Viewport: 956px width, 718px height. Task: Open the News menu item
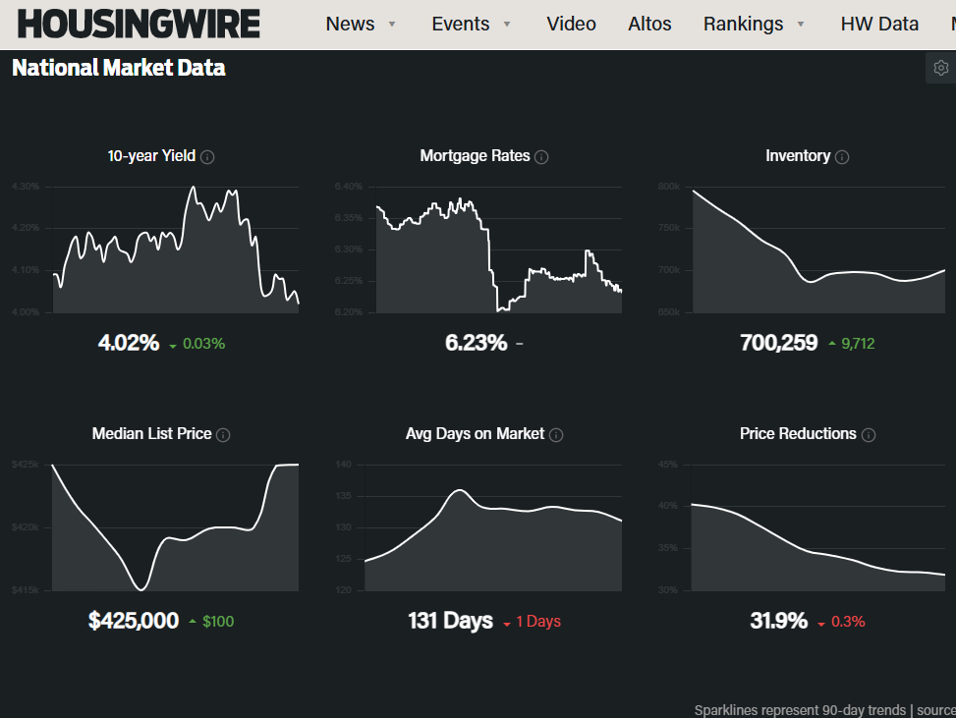(x=351, y=24)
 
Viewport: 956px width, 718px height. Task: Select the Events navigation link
(x=461, y=24)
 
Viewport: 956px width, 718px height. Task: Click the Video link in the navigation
(x=571, y=24)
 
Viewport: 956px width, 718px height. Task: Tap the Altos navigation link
(x=649, y=24)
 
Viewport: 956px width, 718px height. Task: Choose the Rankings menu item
(x=744, y=24)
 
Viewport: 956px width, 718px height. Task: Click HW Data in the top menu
(x=879, y=24)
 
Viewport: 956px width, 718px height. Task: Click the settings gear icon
(x=941, y=68)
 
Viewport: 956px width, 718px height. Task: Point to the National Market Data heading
(x=119, y=68)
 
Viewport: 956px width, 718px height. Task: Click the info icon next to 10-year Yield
(x=208, y=156)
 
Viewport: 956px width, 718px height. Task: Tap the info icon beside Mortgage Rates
(x=541, y=156)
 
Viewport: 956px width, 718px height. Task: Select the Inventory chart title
(x=798, y=155)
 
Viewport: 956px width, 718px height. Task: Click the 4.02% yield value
(x=129, y=343)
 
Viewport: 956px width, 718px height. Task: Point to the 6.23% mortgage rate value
(x=477, y=343)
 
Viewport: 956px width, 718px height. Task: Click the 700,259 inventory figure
(x=778, y=343)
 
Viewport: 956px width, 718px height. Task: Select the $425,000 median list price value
(x=134, y=620)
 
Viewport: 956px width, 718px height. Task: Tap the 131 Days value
(x=451, y=621)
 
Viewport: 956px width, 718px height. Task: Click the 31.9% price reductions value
(x=778, y=621)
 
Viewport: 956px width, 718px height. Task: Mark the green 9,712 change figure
(x=858, y=344)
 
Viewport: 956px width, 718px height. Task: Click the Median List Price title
(x=152, y=433)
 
